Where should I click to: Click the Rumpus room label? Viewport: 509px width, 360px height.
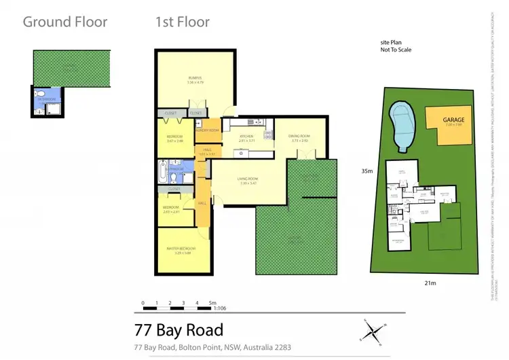(x=195, y=79)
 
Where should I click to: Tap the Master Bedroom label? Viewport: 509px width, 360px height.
(x=181, y=249)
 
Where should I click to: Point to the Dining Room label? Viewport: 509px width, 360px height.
(x=299, y=137)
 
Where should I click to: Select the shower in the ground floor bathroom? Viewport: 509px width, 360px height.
(x=48, y=109)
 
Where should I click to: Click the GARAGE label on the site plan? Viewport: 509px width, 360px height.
(x=454, y=120)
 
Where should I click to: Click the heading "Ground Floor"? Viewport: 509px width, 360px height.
(x=65, y=22)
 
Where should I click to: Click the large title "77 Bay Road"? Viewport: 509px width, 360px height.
(x=178, y=330)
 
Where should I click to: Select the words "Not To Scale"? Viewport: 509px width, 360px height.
(x=396, y=50)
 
